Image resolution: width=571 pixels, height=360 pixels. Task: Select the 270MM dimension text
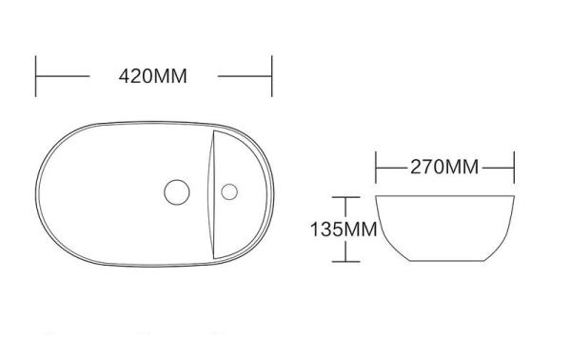point(444,168)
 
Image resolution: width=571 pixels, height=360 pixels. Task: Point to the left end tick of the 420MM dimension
point(36,76)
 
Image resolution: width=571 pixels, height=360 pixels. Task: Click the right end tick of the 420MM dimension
point(272,76)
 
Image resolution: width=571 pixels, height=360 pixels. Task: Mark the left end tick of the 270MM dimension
point(377,168)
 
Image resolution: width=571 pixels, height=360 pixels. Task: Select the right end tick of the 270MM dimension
point(514,168)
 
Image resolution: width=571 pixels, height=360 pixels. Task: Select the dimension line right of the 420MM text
point(246,76)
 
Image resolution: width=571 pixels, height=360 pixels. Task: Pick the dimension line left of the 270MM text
point(392,168)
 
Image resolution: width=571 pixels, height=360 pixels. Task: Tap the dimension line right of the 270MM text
point(498,168)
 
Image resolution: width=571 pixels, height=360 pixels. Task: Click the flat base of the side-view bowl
point(445,262)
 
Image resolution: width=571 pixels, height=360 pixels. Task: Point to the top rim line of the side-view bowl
point(445,196)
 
